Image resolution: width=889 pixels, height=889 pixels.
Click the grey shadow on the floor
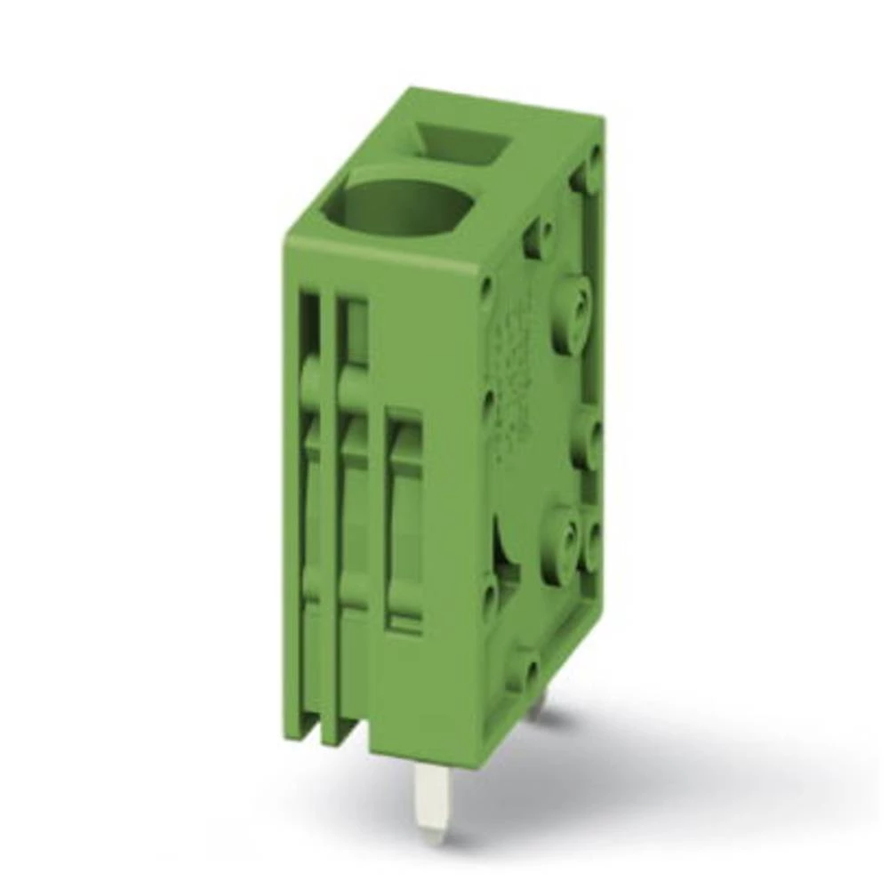[622, 782]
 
